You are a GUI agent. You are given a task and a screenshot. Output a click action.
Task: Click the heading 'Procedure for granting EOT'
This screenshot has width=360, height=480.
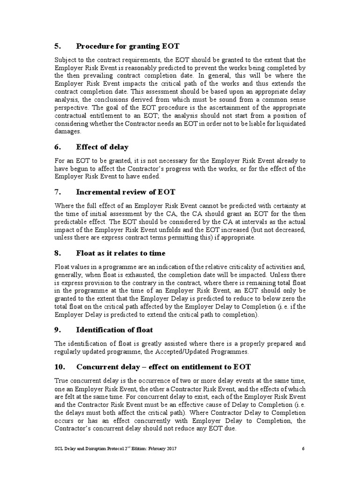127,46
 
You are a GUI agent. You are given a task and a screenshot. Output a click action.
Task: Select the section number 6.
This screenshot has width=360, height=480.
58,147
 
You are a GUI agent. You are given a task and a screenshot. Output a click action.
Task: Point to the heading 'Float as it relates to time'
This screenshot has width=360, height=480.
121,253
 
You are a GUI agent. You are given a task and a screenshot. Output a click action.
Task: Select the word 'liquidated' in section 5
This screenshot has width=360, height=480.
289,125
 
